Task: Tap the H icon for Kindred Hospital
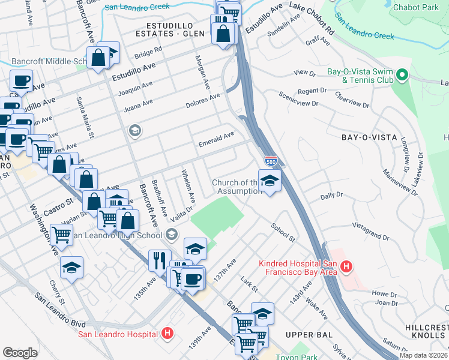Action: (x=345, y=266)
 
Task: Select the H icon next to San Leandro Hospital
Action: (x=167, y=334)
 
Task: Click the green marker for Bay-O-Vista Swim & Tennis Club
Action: (x=402, y=76)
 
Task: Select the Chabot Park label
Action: (x=415, y=8)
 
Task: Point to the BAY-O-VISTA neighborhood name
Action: (x=369, y=137)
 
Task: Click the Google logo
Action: (x=20, y=352)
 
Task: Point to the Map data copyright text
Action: (x=423, y=355)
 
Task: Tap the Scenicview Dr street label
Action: (x=300, y=99)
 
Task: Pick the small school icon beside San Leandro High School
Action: (x=172, y=233)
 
